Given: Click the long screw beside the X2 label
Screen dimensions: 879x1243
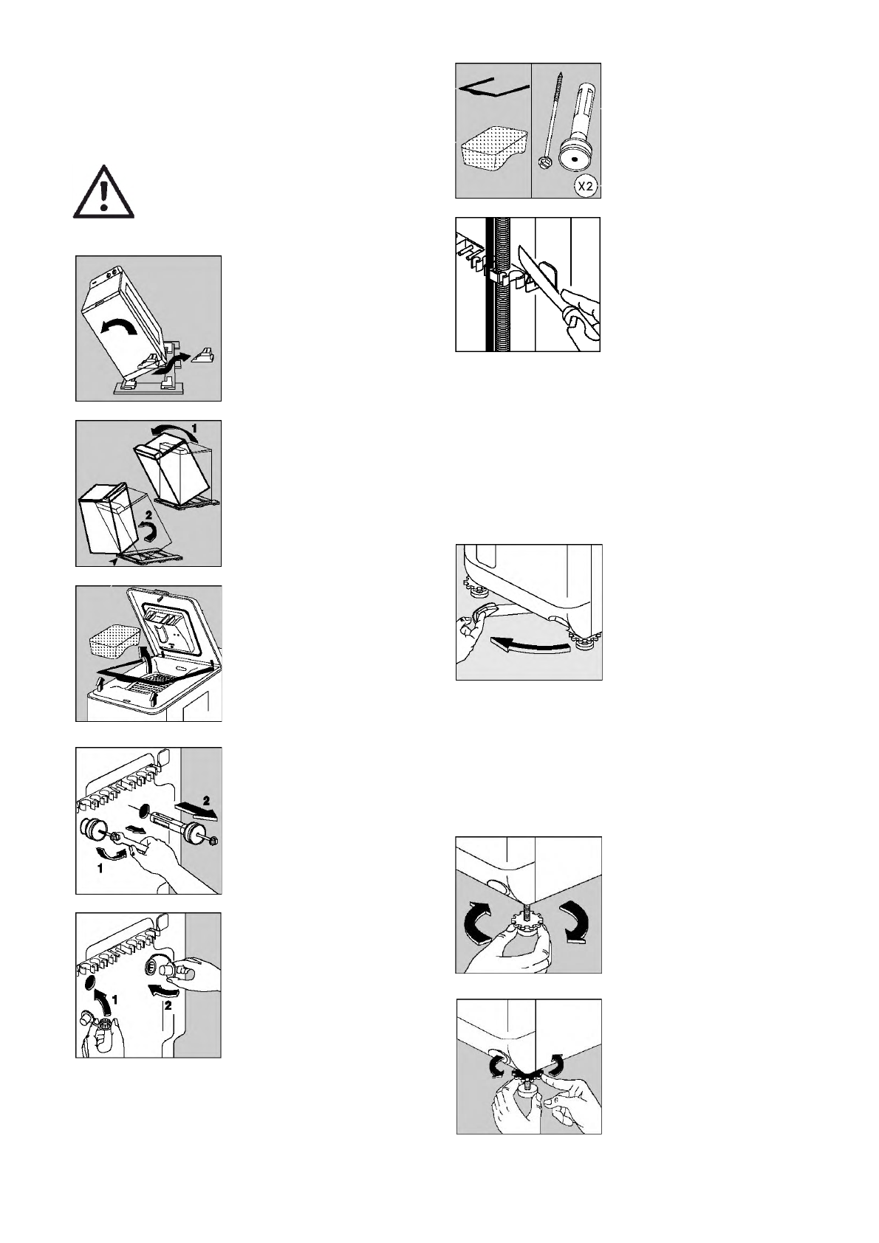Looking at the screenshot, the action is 551,120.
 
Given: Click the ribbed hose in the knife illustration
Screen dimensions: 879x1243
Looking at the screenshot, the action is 498,284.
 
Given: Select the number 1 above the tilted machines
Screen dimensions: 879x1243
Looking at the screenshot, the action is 194,428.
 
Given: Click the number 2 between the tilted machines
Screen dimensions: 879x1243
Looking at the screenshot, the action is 148,516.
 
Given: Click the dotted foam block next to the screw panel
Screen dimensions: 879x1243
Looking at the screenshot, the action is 490,151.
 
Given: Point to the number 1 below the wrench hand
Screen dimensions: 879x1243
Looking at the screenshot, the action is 100,869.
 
